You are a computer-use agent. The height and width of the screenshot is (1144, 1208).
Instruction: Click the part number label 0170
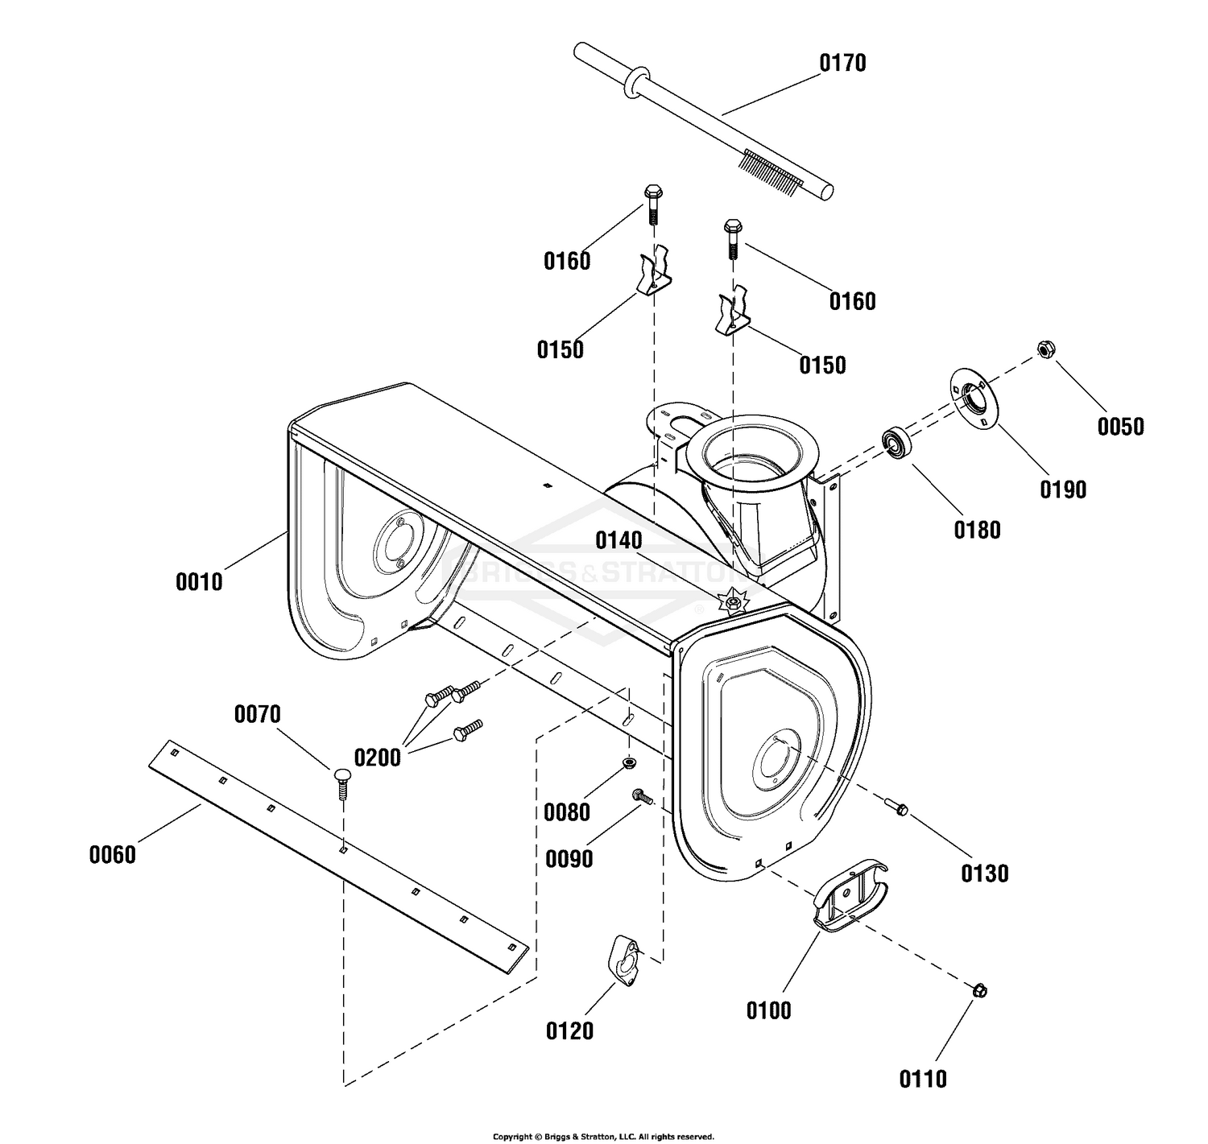[x=842, y=64]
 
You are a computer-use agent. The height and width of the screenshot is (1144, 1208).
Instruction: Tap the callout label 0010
[x=198, y=582]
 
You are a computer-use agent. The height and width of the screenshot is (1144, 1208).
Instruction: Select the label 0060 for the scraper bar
[x=113, y=855]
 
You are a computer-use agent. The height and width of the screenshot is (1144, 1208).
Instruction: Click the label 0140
[x=618, y=541]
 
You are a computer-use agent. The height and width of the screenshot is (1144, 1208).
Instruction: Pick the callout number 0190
[x=1063, y=489]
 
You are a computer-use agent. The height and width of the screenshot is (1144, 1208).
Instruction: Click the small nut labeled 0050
[x=1046, y=349]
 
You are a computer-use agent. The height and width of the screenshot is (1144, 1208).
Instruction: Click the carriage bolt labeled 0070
[x=342, y=783]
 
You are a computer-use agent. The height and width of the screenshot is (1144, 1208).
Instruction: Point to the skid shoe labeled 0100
[x=850, y=895]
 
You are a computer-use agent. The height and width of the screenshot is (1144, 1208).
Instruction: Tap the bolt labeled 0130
[x=896, y=807]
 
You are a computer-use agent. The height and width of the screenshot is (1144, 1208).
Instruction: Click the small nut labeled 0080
[x=629, y=762]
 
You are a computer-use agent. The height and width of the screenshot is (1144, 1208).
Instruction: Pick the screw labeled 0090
[x=643, y=796]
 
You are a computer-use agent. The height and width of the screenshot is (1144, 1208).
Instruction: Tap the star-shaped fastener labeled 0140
[x=732, y=601]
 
